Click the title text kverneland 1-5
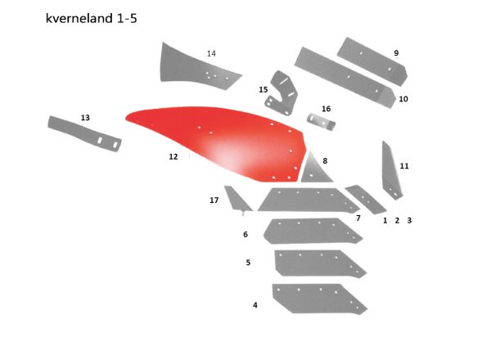[x=91, y=18]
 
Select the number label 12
[x=173, y=156]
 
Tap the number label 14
[x=211, y=53]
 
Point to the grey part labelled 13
[x=84, y=134]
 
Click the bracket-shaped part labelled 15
[x=282, y=93]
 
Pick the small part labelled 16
[x=322, y=122]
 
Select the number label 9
[x=396, y=53]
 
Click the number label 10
[x=403, y=99]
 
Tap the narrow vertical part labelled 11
[x=391, y=171]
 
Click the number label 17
[x=214, y=200]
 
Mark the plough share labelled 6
[x=313, y=231]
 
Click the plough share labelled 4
[x=319, y=299]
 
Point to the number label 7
[x=358, y=218]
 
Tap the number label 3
[x=409, y=220]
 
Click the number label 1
[x=385, y=220]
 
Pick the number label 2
[x=397, y=220]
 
